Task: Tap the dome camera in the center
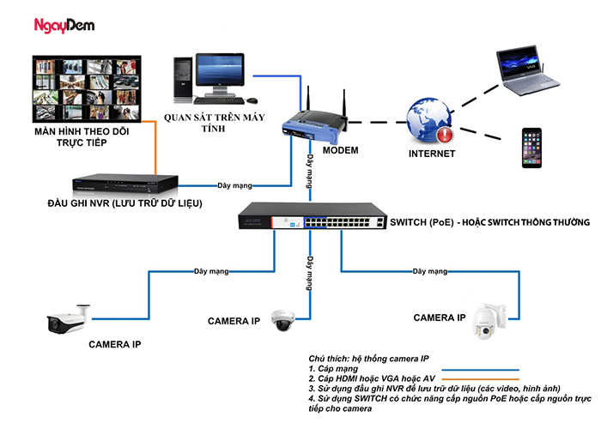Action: pyautogui.click(x=283, y=319)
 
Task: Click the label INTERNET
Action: pyautogui.click(x=431, y=154)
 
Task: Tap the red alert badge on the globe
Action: pyautogui.click(x=443, y=134)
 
